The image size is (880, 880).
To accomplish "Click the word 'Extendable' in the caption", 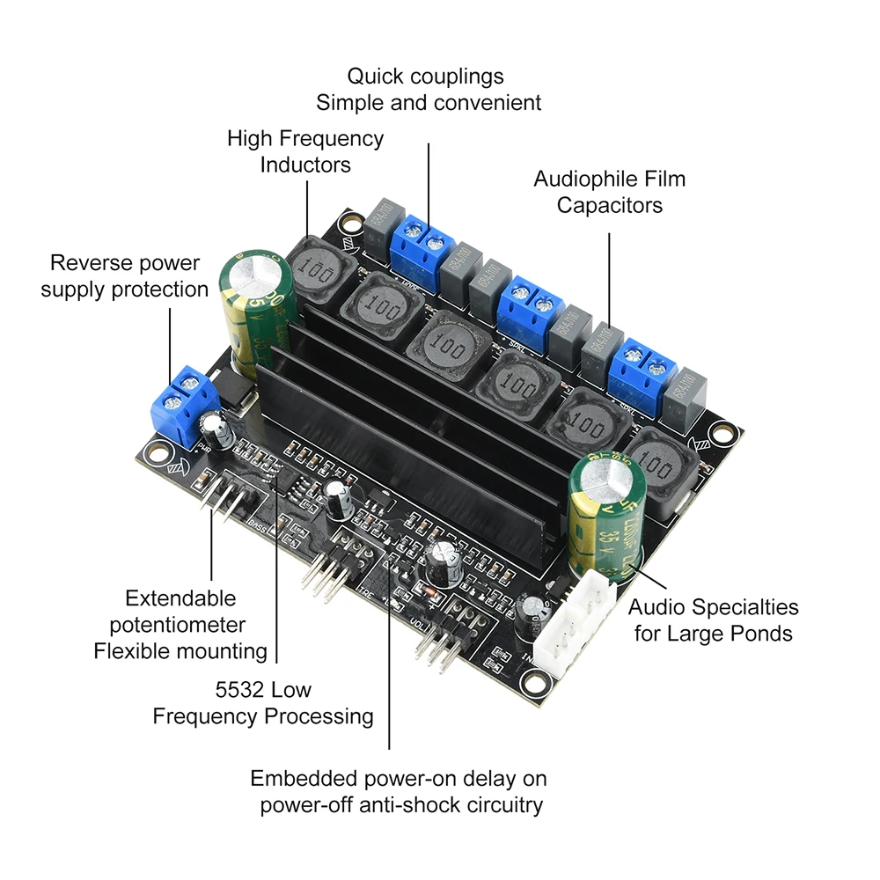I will coord(180,598).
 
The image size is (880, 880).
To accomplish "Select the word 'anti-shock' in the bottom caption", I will coord(402,804).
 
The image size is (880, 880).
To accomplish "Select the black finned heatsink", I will coord(414,422).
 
